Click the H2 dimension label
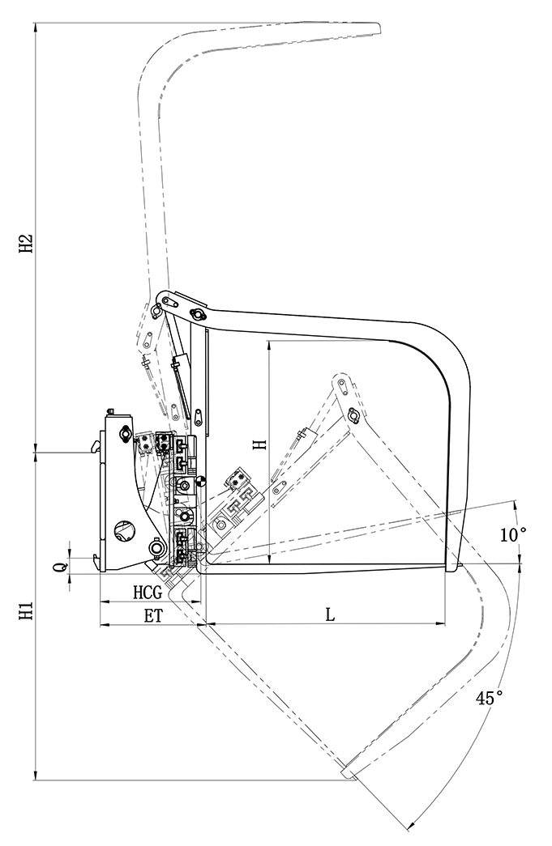27,243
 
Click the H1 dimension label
27,612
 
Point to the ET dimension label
154,615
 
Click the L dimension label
330,614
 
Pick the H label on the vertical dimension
259,444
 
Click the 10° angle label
512,534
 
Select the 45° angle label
489,697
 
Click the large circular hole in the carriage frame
124,531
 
